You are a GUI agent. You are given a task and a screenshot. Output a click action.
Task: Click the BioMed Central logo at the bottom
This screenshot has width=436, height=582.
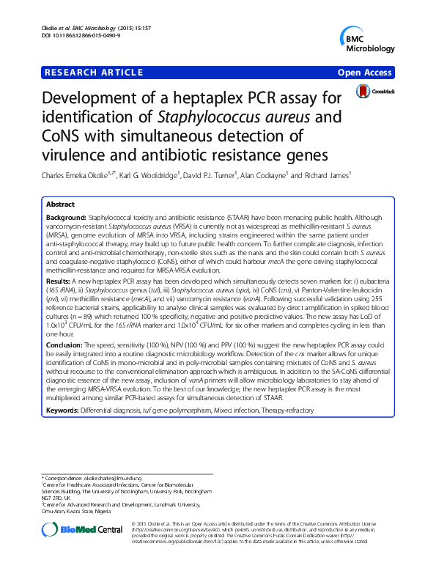(82, 528)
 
